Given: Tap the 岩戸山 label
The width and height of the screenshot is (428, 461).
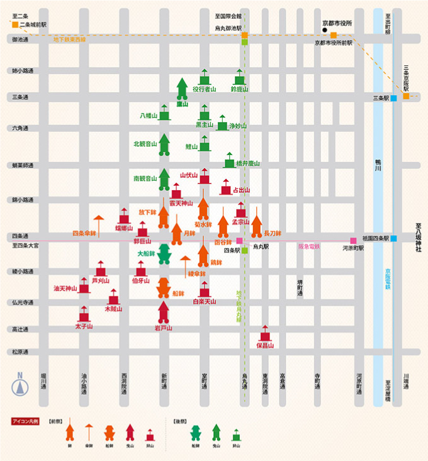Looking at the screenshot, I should (x=164, y=328).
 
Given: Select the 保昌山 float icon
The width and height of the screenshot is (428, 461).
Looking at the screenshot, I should (x=265, y=333).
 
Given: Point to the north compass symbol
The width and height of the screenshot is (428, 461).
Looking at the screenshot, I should (x=20, y=385).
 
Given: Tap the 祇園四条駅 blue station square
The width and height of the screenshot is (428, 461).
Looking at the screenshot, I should (x=393, y=239).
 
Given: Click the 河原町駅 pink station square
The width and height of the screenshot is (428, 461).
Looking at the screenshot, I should (x=354, y=240).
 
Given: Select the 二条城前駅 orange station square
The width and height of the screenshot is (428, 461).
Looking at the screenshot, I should (x=14, y=25).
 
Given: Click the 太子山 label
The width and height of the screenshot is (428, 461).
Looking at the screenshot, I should (x=84, y=327).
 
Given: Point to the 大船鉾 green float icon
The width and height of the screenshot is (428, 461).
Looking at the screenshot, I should (x=164, y=253).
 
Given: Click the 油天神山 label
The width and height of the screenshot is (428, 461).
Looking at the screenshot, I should (x=65, y=288).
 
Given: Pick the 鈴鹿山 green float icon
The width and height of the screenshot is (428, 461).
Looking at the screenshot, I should (x=239, y=77).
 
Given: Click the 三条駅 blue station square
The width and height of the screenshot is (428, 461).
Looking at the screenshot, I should (x=393, y=98).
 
